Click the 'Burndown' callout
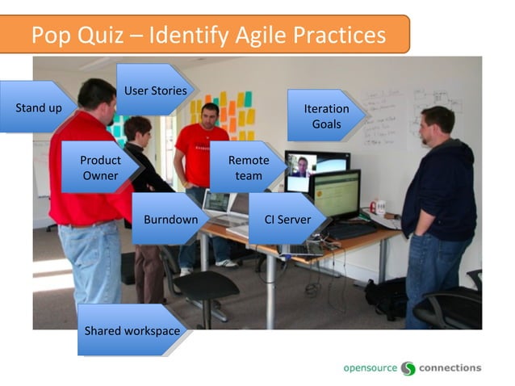coord(170,219)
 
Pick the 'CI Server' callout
coord(287,219)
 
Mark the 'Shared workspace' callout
coord(131,330)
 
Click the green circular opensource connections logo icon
coord(408,368)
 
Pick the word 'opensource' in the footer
coord(370,367)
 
